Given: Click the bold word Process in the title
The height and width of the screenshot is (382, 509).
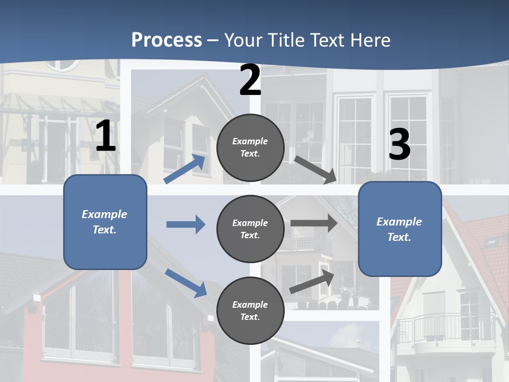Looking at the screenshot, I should click(x=166, y=40).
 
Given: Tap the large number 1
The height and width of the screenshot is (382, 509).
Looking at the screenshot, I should click(x=105, y=136).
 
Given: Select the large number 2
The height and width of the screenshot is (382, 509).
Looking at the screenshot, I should click(x=250, y=80).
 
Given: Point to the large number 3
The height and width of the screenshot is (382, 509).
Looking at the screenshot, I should click(x=399, y=144).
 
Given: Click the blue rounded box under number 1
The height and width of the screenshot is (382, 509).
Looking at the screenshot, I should click(x=105, y=222).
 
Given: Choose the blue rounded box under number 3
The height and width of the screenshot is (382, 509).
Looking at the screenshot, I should click(x=400, y=229).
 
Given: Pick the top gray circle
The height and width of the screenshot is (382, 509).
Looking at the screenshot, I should click(x=250, y=147).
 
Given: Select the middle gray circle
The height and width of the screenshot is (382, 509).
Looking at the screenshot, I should click(x=250, y=229).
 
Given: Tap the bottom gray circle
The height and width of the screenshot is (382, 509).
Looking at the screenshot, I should click(x=250, y=310).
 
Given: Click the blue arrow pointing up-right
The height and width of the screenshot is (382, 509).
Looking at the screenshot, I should click(x=185, y=169).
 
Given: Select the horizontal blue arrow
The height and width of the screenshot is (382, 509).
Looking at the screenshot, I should click(x=186, y=224).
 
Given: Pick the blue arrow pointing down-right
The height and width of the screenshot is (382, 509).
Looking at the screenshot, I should click(x=186, y=283).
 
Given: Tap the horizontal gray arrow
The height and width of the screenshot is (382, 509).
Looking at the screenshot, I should click(x=313, y=223).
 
